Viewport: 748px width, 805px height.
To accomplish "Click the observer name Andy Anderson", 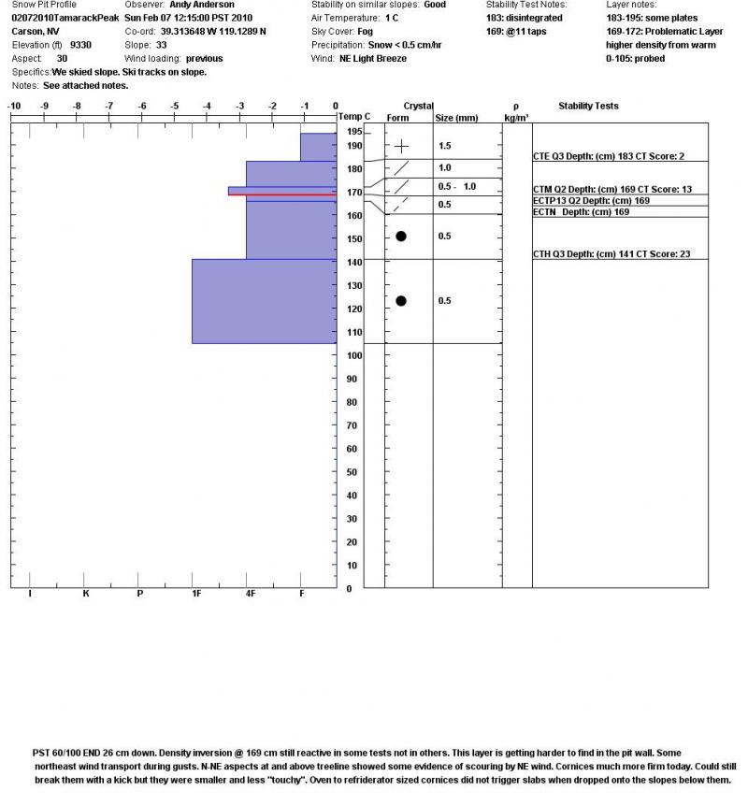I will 202,5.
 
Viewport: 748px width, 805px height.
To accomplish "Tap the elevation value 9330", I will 81,44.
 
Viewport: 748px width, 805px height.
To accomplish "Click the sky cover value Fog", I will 366,31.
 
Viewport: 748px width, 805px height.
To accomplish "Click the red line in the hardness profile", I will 281,194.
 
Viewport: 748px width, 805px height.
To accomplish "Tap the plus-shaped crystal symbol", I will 401,147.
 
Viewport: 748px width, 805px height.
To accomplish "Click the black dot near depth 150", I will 401,236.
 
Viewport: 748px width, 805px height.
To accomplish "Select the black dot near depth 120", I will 401,300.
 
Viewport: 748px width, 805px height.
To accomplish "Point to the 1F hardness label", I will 196,594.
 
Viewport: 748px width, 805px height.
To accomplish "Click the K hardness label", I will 85,594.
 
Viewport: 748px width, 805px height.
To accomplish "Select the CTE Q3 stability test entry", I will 608,157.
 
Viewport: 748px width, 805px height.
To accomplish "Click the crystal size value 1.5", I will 445,147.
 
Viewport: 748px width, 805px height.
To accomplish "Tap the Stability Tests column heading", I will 588,107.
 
